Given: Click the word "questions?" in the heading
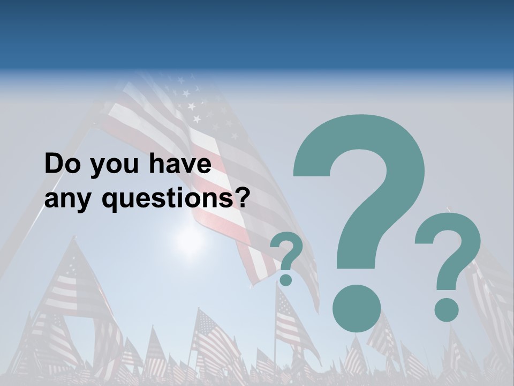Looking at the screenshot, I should tap(176, 199).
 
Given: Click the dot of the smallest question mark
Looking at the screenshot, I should tap(287, 279).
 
